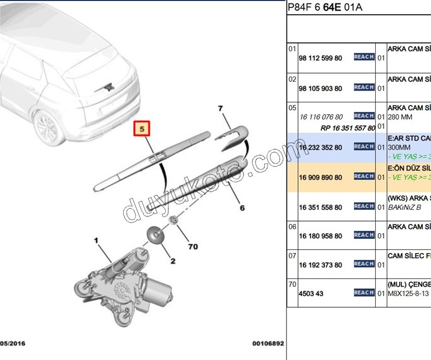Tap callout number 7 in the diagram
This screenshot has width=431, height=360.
221,109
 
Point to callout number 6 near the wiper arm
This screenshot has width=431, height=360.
242,207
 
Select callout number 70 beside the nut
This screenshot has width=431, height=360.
193,247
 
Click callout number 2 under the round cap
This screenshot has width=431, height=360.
172,262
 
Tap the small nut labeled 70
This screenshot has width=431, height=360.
173,220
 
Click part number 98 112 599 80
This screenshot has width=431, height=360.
320,58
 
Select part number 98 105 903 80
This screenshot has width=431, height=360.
320,89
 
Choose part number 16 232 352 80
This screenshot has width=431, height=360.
320,148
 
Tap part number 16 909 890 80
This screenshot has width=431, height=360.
320,177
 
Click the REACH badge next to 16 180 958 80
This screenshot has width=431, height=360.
364,235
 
